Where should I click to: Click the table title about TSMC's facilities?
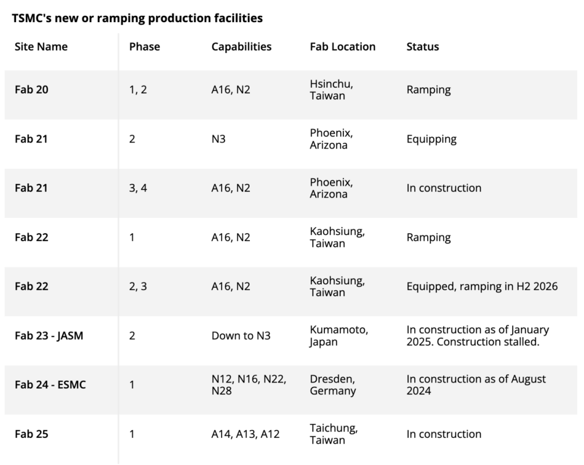[137, 18]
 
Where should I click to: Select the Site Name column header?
[41, 46]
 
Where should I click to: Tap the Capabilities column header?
[241, 46]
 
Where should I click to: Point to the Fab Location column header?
[343, 46]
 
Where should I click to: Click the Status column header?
[423, 46]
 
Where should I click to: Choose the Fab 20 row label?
[31, 90]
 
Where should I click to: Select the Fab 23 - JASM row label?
[49, 336]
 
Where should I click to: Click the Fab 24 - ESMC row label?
[50, 384]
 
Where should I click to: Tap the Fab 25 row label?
[31, 434]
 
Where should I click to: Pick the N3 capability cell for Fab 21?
[218, 139]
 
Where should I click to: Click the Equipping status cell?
[432, 139]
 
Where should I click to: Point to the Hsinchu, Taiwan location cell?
[331, 90]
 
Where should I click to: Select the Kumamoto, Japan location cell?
[339, 336]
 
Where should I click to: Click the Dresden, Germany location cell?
[333, 384]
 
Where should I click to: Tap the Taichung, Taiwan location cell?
[333, 434]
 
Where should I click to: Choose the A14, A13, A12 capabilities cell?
[245, 434]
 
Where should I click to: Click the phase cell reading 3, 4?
[138, 188]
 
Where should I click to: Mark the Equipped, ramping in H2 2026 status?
[482, 286]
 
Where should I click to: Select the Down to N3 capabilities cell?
[241, 336]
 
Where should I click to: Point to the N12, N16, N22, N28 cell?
[249, 384]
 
